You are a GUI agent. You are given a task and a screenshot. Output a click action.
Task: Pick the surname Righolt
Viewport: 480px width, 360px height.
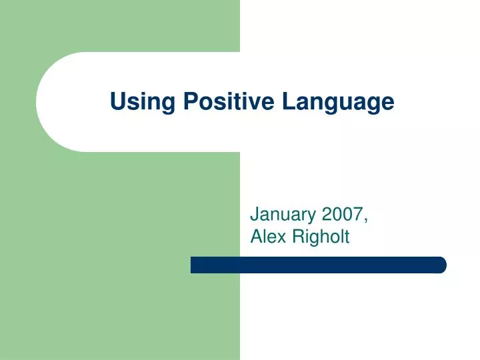tap(319, 236)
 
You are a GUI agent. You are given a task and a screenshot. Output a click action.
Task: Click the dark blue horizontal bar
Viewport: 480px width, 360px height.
tap(318, 265)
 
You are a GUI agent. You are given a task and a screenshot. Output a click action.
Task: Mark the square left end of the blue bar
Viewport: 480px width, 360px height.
tap(193, 265)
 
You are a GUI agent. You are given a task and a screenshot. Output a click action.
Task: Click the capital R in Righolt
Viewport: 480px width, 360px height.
tap(295, 235)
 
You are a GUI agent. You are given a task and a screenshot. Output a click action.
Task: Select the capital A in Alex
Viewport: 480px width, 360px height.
tap(256, 235)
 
